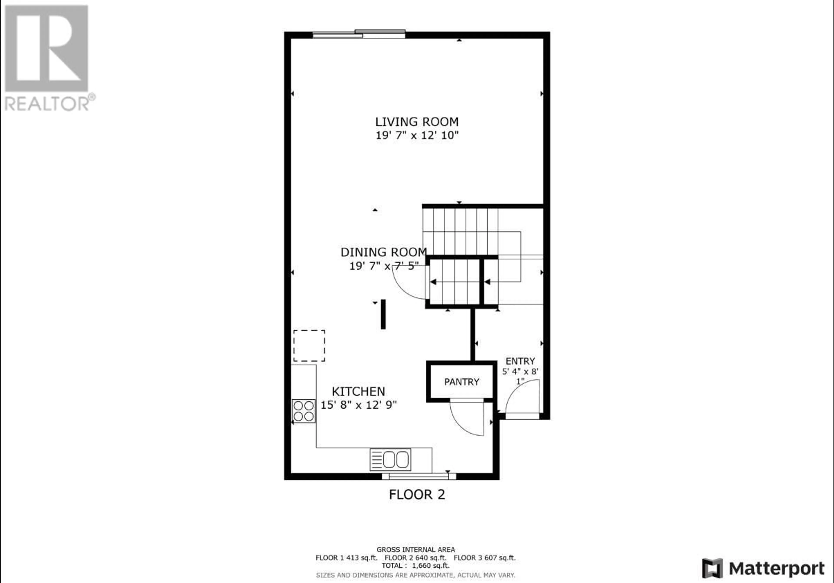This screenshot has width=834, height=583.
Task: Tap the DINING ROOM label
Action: [384, 252]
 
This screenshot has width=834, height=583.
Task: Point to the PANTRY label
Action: [462, 382]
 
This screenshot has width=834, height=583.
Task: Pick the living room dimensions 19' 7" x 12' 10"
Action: [417, 136]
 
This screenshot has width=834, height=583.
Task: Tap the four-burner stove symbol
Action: [304, 411]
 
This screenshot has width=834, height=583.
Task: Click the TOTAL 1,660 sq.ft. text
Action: [415, 566]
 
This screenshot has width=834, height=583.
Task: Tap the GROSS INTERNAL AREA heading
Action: [415, 550]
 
